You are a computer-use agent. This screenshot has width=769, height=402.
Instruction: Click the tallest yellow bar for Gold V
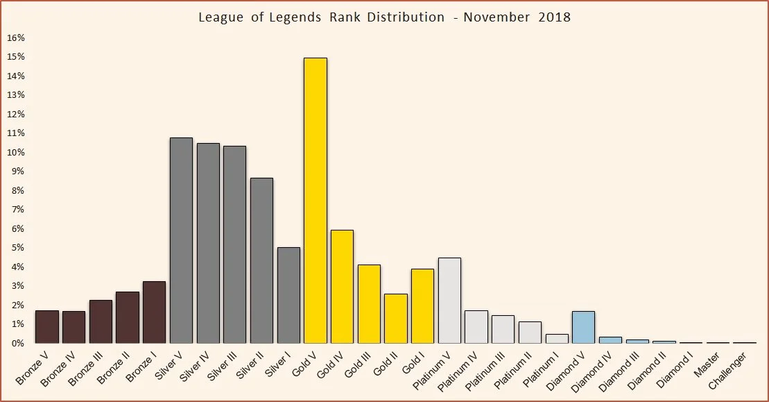(316, 201)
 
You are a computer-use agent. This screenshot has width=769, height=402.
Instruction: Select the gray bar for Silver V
(181, 240)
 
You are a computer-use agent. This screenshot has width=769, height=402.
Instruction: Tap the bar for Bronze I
(154, 312)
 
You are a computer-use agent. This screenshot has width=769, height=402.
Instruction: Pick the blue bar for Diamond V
(583, 327)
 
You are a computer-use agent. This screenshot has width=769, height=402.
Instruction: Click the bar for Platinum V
(449, 301)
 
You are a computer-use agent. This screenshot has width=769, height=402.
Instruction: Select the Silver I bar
(288, 295)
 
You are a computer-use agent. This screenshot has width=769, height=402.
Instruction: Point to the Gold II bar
(396, 318)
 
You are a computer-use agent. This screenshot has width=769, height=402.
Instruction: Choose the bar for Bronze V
(47, 326)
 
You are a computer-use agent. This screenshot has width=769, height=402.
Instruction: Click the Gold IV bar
(342, 286)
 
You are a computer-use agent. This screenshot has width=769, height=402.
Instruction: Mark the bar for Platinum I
(557, 339)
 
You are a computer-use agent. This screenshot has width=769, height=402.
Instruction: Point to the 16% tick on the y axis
(16, 37)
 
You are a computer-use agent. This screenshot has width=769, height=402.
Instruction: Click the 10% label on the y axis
(16, 152)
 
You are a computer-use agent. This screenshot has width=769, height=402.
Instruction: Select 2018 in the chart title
(554, 17)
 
